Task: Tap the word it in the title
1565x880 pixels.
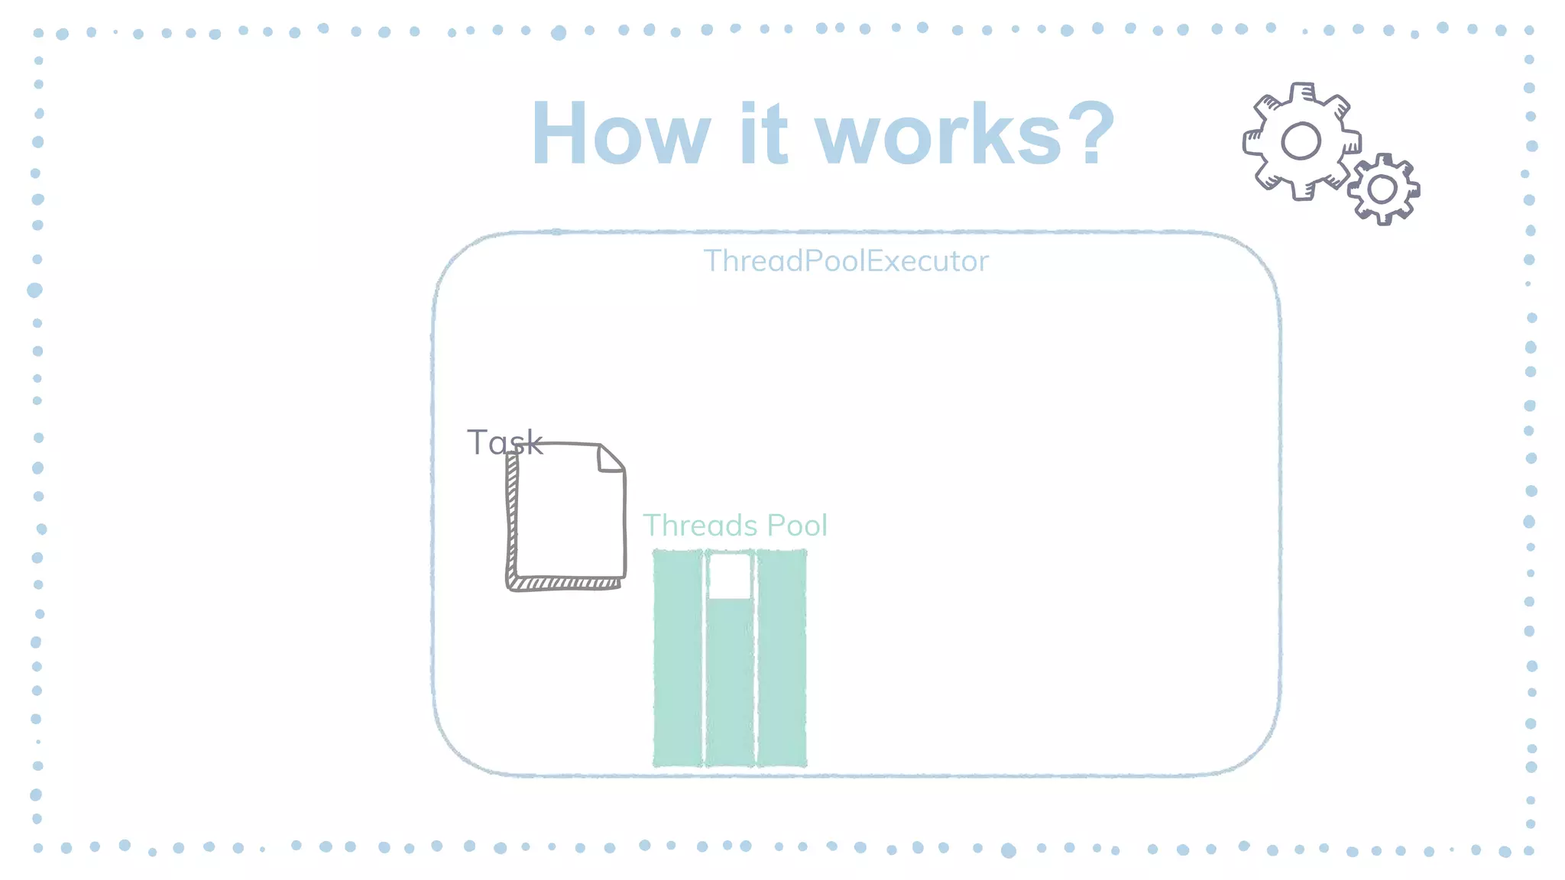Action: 763,134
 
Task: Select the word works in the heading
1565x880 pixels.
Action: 938,134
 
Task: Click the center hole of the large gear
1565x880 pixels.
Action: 1301,141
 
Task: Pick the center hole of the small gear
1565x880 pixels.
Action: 1382,189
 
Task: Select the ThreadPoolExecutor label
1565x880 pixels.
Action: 846,261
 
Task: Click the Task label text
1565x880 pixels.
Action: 504,442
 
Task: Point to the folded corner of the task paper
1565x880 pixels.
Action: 610,458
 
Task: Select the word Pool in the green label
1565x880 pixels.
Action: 797,526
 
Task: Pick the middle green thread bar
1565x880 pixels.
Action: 730,680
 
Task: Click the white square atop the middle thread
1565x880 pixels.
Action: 730,576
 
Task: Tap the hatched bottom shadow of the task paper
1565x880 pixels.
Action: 565,584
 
